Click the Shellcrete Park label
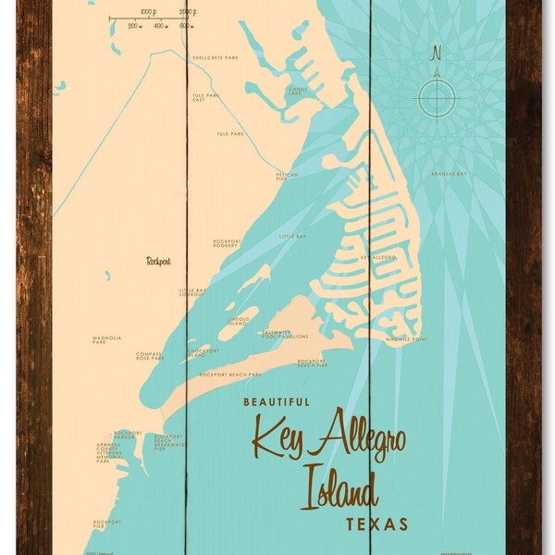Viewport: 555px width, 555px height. [x=215, y=57]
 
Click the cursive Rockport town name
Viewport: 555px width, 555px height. [x=159, y=261]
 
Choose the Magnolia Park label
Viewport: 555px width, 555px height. [x=105, y=341]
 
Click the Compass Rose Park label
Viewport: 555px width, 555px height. [x=148, y=356]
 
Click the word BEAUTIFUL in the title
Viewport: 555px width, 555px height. [x=277, y=401]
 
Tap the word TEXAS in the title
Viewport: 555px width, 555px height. [x=376, y=524]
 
